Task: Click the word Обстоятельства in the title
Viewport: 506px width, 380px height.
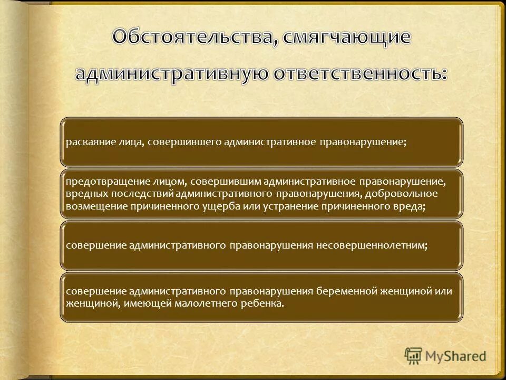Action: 191,37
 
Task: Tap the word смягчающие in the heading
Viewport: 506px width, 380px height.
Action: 346,37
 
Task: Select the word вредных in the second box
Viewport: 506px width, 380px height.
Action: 82,194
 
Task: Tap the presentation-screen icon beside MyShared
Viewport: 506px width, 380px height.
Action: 413,356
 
